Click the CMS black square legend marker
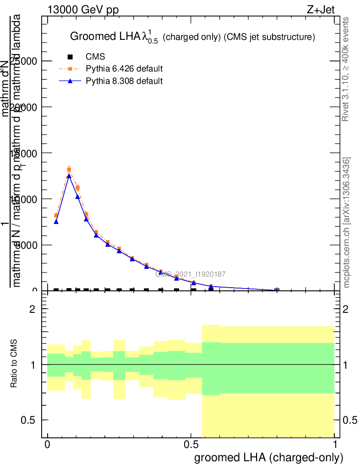(70, 57)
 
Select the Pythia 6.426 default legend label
(124, 69)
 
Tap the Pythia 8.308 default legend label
(124, 82)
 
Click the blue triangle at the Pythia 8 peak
(69, 175)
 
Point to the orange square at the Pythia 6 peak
(69, 169)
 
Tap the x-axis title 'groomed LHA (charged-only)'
(269, 458)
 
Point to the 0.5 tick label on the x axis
(191, 445)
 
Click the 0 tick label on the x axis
(47, 445)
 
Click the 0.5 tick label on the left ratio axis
(32, 420)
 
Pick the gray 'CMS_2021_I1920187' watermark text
(191, 274)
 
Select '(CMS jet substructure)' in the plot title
(269, 37)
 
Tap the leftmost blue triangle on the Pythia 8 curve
(56, 222)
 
